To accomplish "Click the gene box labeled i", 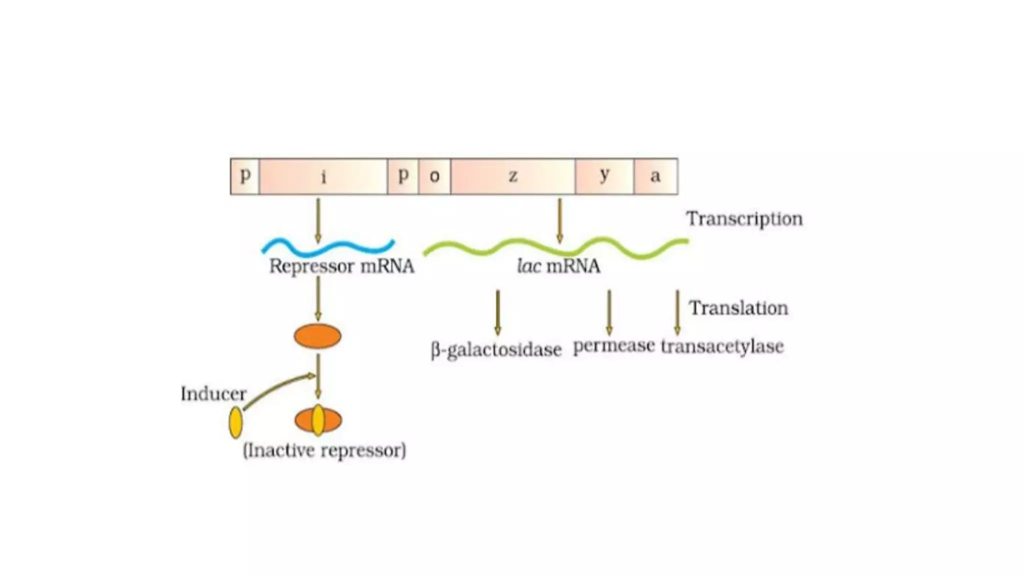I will (323, 176).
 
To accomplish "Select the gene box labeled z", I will (512, 176).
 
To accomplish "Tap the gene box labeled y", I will (604, 176).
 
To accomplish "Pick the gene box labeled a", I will (656, 176).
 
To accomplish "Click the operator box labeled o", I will (434, 176).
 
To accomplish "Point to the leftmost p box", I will (245, 176).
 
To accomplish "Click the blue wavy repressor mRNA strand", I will (328, 246).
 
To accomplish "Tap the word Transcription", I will (744, 219).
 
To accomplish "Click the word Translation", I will (738, 308).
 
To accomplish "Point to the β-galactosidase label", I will (496, 349).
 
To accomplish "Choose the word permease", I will (614, 346).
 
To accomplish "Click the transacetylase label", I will (722, 346).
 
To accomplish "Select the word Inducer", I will (213, 394).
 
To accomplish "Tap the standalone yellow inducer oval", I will (235, 422).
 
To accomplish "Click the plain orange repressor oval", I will (317, 336).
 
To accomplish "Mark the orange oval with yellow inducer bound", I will (318, 420).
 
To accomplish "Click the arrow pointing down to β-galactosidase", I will (497, 312).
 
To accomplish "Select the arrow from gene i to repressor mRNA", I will (318, 220).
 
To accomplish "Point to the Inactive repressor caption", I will (324, 450).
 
